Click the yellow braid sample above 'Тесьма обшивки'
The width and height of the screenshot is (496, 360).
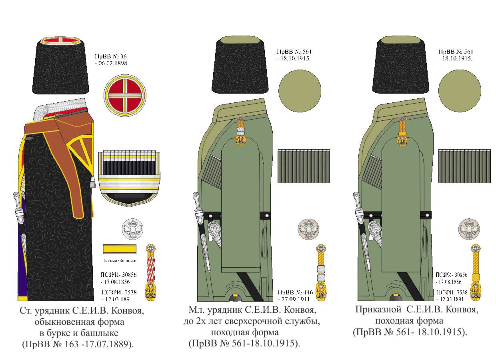pos(120,249)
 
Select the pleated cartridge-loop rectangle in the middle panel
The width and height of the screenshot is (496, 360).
pos(304,166)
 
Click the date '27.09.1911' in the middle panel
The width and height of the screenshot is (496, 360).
pos(296,299)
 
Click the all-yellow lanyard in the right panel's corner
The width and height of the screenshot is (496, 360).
pos(475,272)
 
